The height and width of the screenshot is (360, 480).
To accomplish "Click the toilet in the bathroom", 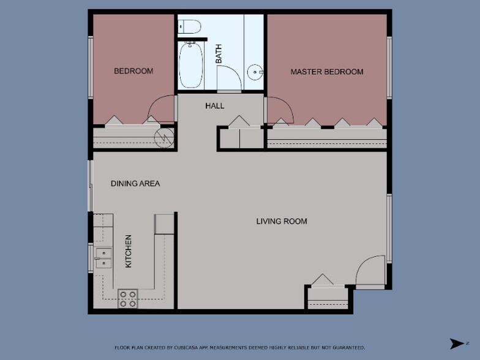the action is pyautogui.click(x=189, y=26).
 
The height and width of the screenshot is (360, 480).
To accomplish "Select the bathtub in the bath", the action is pyautogui.click(x=191, y=65).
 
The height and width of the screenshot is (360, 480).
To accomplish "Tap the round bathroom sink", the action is pyautogui.click(x=255, y=72).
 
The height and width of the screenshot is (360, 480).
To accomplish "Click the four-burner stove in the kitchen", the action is pyautogui.click(x=127, y=299).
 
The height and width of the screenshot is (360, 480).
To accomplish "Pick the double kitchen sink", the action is pyautogui.click(x=103, y=258).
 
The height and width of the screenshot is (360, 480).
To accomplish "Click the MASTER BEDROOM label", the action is pyautogui.click(x=327, y=72).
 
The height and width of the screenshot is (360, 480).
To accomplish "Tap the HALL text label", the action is pyautogui.click(x=214, y=106).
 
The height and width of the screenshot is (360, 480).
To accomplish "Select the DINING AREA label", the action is pyautogui.click(x=135, y=184).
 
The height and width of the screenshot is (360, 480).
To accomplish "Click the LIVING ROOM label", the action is pyautogui.click(x=282, y=222).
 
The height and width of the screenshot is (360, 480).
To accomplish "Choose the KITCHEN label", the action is pyautogui.click(x=129, y=251).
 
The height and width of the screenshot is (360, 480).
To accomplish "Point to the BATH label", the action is pyautogui.click(x=219, y=54).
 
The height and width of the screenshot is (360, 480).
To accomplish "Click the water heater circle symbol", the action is pyautogui.click(x=164, y=138).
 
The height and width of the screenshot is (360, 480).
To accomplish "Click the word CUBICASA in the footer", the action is pyautogui.click(x=186, y=348).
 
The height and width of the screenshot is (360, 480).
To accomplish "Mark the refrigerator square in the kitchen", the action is pyautogui.click(x=164, y=224).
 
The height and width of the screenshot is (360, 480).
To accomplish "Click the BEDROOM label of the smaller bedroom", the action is pyautogui.click(x=133, y=71).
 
